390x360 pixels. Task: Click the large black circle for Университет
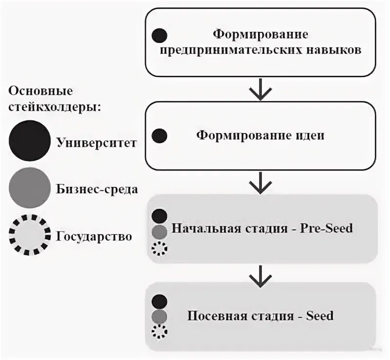[29, 141]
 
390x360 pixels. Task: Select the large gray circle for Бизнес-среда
[29, 188]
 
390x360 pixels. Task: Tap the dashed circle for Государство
[30, 236]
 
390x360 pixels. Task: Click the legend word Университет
[96, 143]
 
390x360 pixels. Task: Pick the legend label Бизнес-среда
[97, 189]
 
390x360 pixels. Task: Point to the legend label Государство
[94, 237]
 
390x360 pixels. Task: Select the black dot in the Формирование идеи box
[159, 136]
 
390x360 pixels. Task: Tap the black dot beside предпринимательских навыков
[160, 36]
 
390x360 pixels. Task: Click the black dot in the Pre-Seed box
[160, 216]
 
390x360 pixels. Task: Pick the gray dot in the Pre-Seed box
[160, 231]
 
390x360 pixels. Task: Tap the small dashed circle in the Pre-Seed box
[159, 248]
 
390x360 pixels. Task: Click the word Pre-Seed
[325, 228]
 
